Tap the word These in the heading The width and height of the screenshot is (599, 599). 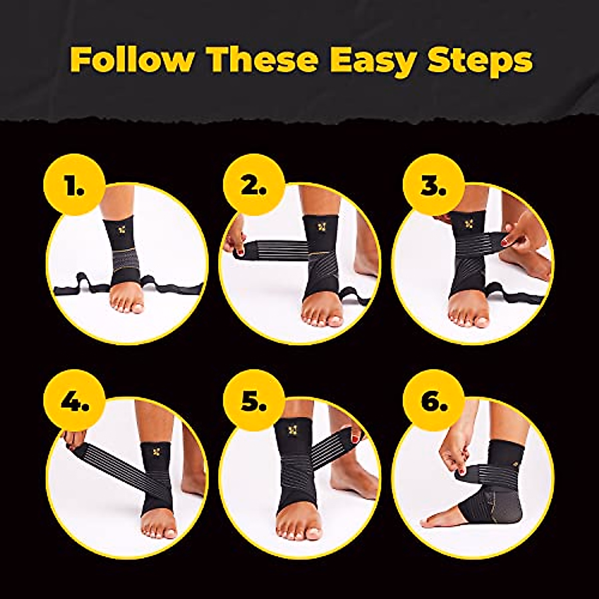[x=264, y=60]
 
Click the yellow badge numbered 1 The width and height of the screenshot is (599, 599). [x=74, y=185]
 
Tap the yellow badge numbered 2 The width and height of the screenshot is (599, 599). [x=254, y=185]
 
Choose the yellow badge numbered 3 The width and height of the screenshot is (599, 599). [x=433, y=185]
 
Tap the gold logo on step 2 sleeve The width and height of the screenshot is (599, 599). [x=321, y=227]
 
